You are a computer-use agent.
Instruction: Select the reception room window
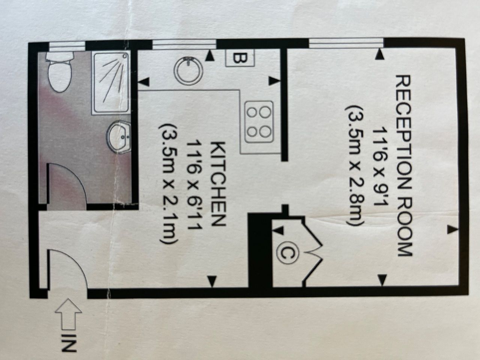coord(347,43)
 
